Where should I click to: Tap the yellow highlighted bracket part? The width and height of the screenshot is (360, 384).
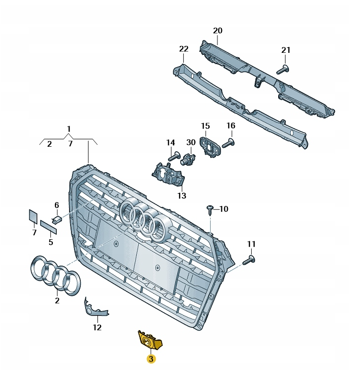click(148, 339)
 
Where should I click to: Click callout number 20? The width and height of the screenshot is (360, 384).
click(217, 30)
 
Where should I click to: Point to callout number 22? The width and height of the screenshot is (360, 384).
click(184, 49)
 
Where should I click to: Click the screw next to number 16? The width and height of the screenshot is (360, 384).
click(229, 143)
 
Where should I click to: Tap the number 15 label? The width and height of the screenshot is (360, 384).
click(205, 126)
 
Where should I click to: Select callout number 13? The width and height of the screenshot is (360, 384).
click(182, 196)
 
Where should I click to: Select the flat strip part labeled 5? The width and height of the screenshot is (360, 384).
click(49, 227)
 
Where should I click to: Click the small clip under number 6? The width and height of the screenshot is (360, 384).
click(57, 218)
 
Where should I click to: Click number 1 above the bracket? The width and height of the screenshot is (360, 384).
click(69, 129)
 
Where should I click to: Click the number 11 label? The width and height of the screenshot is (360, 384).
click(251, 244)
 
